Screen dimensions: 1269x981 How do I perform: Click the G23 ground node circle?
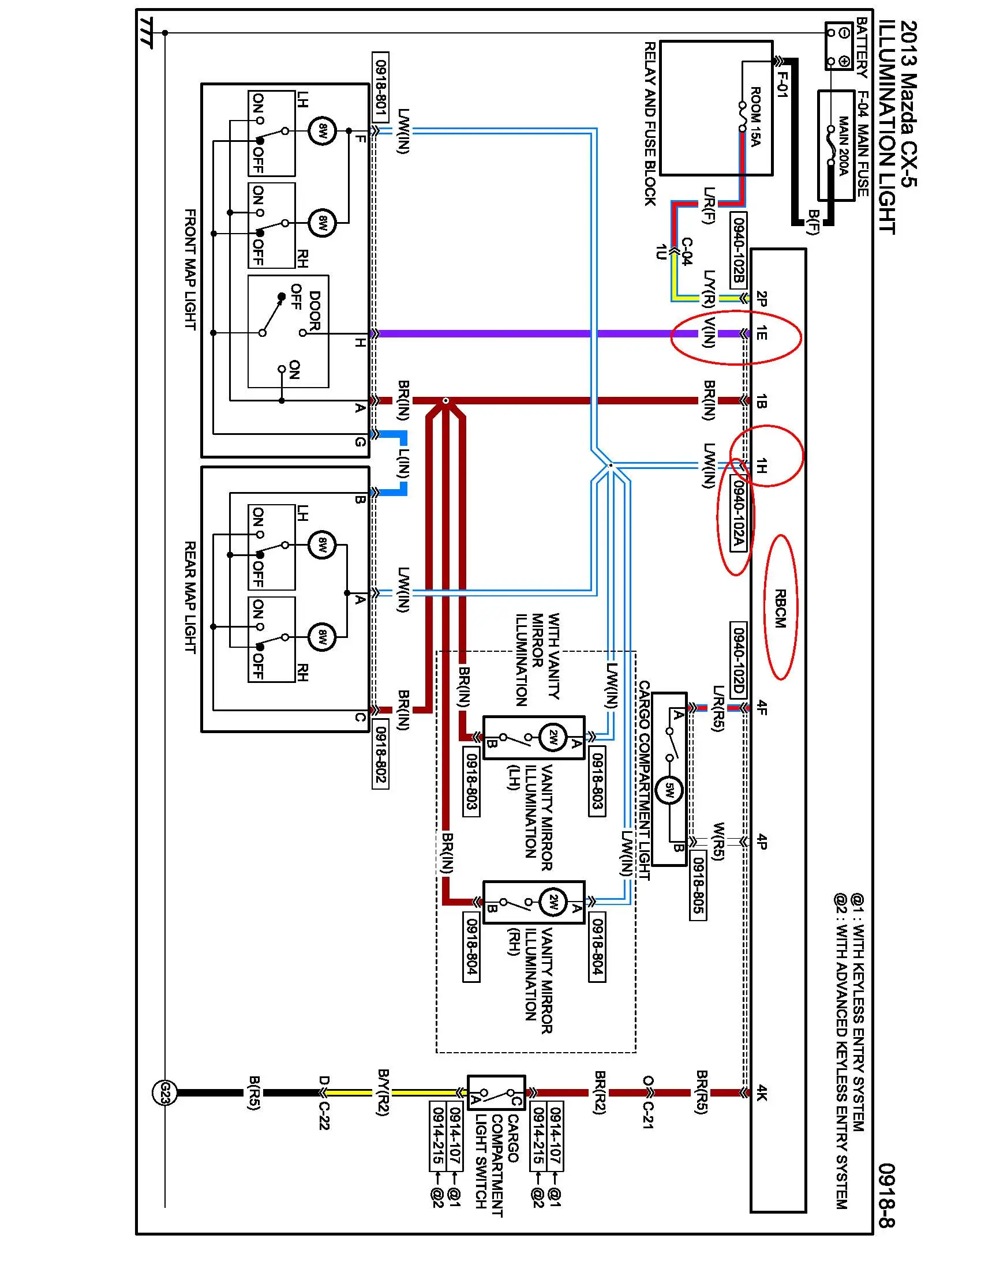(164, 1093)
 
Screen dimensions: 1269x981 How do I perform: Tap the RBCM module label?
(780, 609)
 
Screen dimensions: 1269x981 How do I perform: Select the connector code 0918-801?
(381, 87)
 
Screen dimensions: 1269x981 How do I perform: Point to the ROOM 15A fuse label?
(755, 116)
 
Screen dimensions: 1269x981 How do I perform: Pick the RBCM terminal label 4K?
(762, 1093)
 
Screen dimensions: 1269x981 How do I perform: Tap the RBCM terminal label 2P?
(762, 299)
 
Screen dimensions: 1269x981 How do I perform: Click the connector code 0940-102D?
(738, 659)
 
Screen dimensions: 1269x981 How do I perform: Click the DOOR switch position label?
(314, 311)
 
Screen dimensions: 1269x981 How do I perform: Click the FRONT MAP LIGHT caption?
(190, 269)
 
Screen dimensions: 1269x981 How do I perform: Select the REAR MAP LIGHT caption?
(190, 597)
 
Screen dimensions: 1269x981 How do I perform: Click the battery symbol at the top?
(839, 46)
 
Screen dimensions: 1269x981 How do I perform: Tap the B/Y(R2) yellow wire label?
(383, 1092)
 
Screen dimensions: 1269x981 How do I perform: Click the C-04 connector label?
(686, 251)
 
